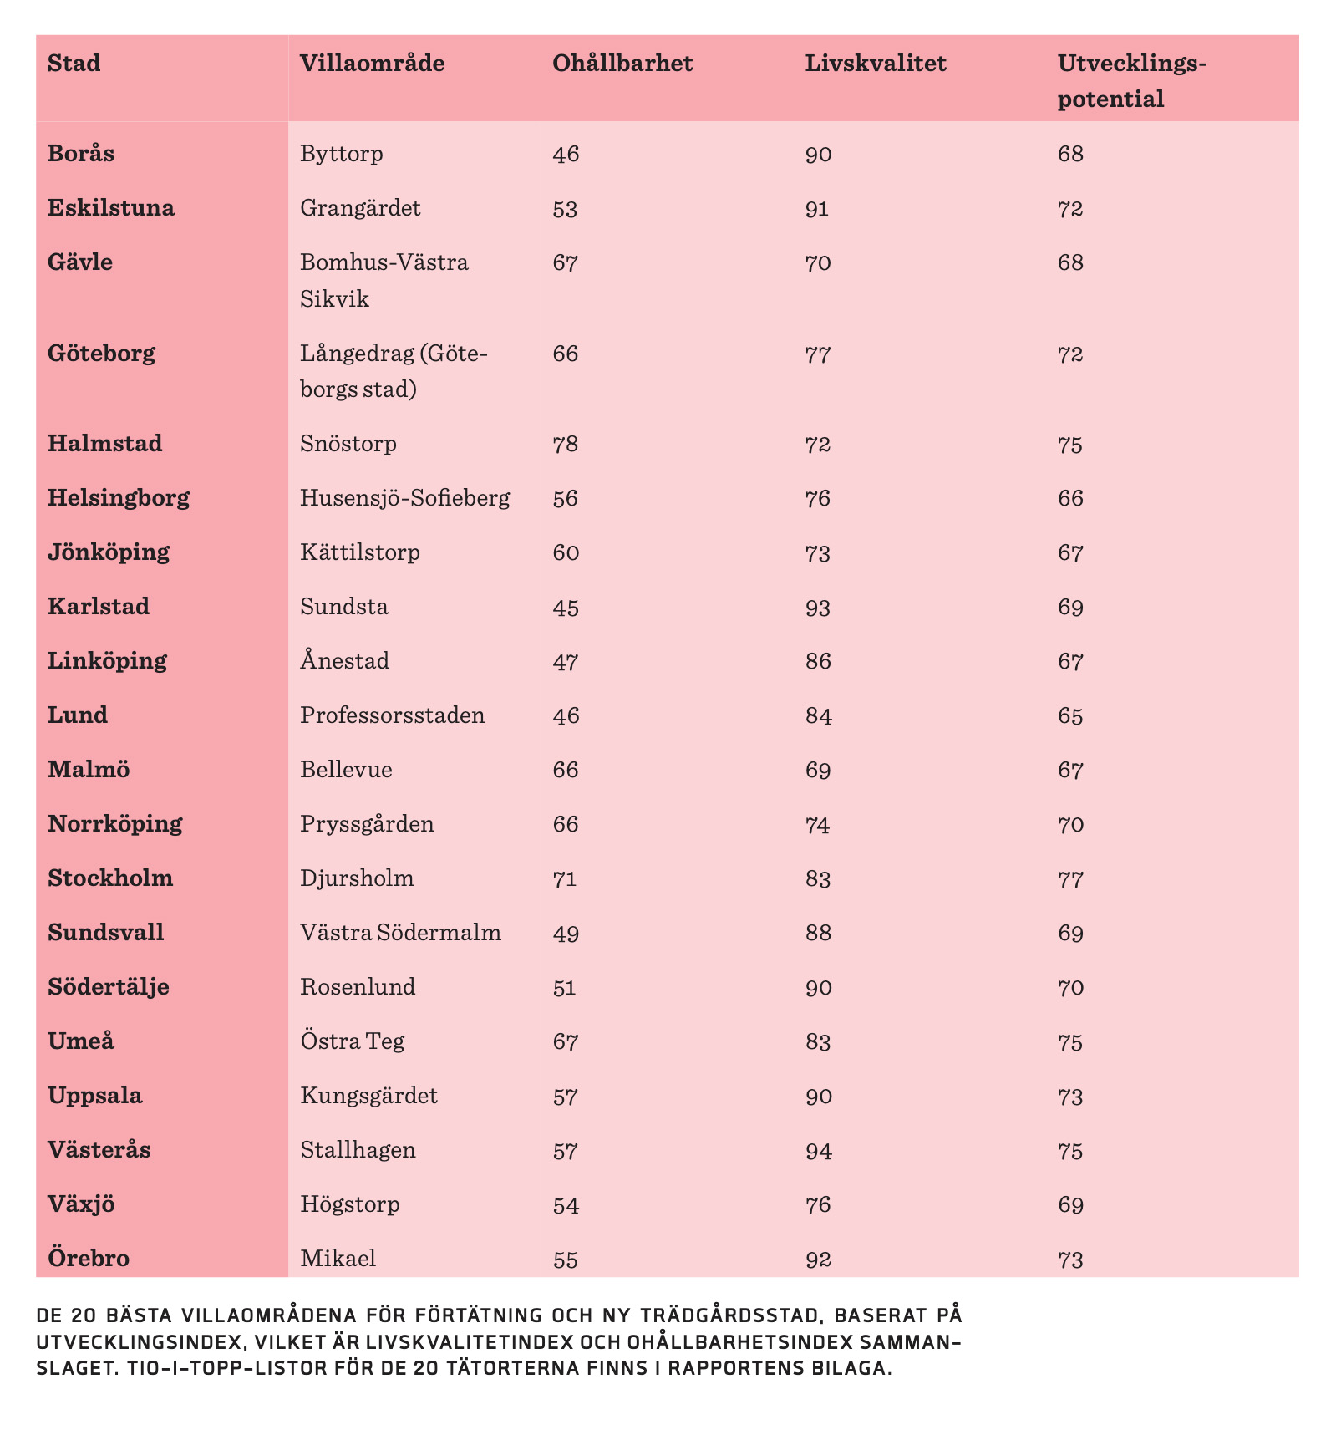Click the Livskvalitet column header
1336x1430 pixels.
pyautogui.click(x=875, y=64)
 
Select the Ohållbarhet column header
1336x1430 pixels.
pyautogui.click(x=622, y=64)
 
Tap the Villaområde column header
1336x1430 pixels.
pyautogui.click(x=373, y=64)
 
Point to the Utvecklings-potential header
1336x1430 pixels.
pyautogui.click(x=1132, y=81)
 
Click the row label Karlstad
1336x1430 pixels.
pyautogui.click(x=99, y=607)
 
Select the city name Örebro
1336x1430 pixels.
pyautogui.click(x=89, y=1258)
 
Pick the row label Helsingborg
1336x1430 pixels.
pyautogui.click(x=119, y=499)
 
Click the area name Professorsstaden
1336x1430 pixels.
pyautogui.click(x=393, y=715)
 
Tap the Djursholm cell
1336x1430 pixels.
pyautogui.click(x=357, y=878)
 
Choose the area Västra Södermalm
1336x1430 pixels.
pyautogui.click(x=401, y=933)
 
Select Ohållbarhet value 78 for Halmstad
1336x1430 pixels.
pyautogui.click(x=566, y=445)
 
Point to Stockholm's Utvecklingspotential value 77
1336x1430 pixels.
pyautogui.click(x=1070, y=879)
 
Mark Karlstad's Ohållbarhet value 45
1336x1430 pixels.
pyautogui.click(x=566, y=608)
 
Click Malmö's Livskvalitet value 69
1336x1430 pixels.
pyautogui.click(x=818, y=771)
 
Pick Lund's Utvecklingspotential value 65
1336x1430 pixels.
pyautogui.click(x=1070, y=716)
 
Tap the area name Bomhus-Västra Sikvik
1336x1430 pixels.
pyautogui.click(x=384, y=281)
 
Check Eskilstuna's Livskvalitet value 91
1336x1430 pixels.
pyautogui.click(x=817, y=209)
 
